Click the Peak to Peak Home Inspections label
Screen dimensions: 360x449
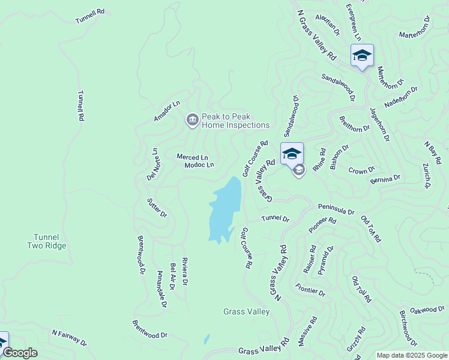[235, 121]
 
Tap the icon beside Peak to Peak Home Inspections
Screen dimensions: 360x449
[192, 121]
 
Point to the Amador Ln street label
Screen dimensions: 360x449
[166, 112]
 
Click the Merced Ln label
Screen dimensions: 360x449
[191, 157]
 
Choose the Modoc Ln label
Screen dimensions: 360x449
[199, 165]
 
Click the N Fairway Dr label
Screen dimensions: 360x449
[69, 338]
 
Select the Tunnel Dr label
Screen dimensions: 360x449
[275, 219]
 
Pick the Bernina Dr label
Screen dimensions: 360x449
[385, 179]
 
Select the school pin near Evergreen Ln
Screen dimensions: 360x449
[362, 56]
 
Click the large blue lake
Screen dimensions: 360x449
[225, 207]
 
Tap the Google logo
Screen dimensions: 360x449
[20, 353]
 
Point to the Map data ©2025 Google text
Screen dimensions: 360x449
[411, 355]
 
